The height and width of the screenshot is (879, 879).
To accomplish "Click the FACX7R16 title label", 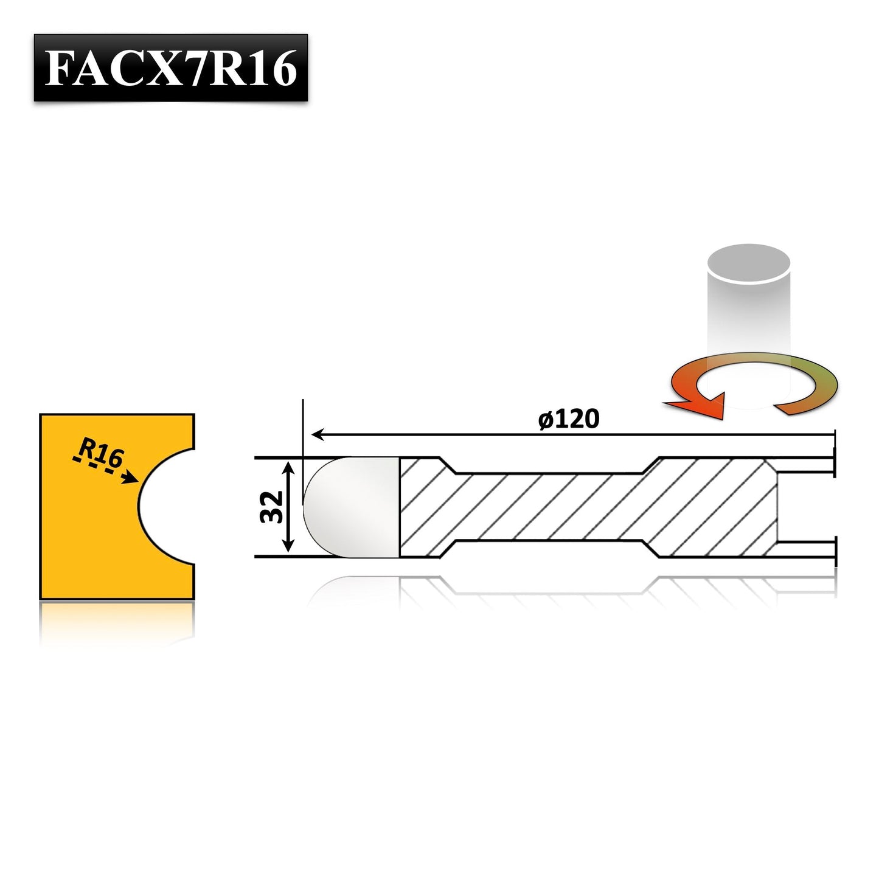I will (x=171, y=68).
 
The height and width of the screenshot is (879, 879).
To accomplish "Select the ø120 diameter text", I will (x=569, y=419).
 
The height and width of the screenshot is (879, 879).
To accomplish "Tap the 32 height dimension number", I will (x=272, y=507).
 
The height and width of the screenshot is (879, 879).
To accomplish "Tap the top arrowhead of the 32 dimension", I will (x=290, y=466).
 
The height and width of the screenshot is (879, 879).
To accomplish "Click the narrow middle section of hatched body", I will (x=547, y=506).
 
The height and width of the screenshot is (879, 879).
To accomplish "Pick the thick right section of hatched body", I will (x=712, y=506).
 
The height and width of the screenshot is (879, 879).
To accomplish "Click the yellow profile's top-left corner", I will (x=41, y=415).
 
